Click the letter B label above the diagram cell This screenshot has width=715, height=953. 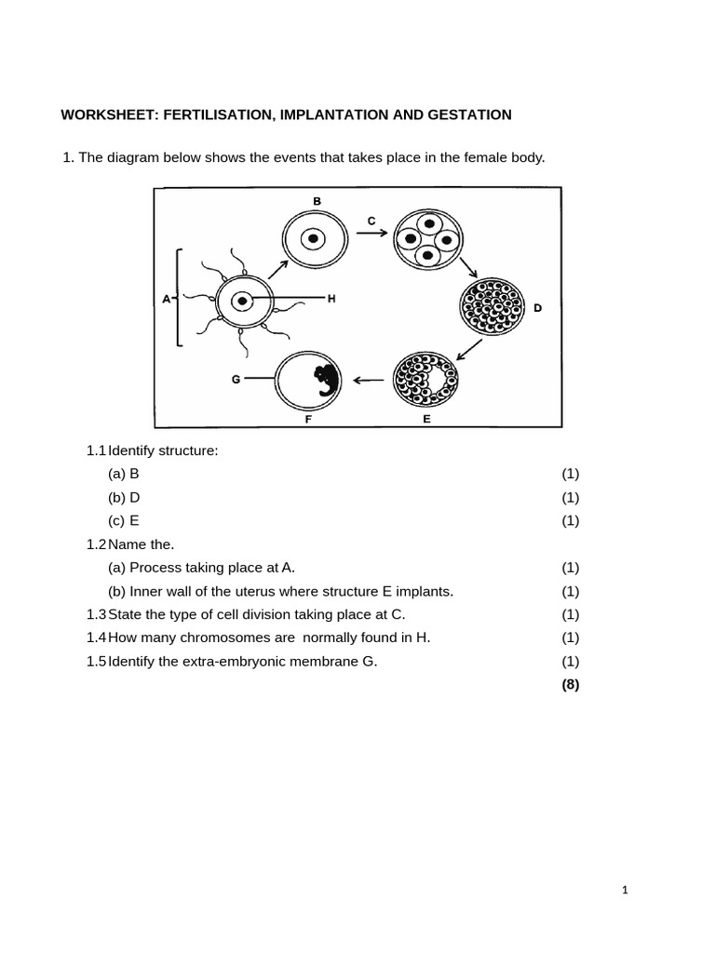tap(317, 201)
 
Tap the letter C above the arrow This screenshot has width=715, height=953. tap(371, 221)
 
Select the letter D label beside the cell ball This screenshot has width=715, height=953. tap(537, 308)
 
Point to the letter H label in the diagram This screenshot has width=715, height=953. tap(331, 299)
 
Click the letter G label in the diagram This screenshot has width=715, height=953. tap(236, 380)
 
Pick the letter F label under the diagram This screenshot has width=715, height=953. tap(308, 420)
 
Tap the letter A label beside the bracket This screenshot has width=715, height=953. tap(166, 299)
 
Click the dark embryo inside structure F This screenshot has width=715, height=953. tap(327, 381)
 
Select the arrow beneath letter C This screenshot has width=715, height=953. tap(371, 233)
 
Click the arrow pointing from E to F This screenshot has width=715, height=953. tap(369, 381)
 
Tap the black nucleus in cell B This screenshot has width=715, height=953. tap(313, 239)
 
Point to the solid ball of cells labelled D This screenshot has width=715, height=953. tap(492, 307)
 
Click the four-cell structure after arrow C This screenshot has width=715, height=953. tap(428, 239)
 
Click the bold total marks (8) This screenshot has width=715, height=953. tap(571, 685)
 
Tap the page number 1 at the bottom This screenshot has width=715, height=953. tap(625, 891)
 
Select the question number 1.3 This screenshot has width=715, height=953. tap(96, 614)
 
